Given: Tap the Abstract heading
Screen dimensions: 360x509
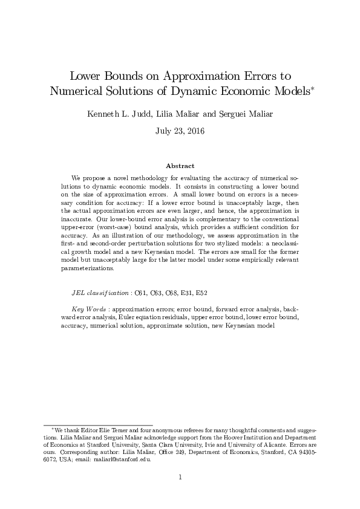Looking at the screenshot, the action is click(180, 165).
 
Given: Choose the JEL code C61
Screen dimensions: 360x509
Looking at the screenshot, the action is click(139, 293).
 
